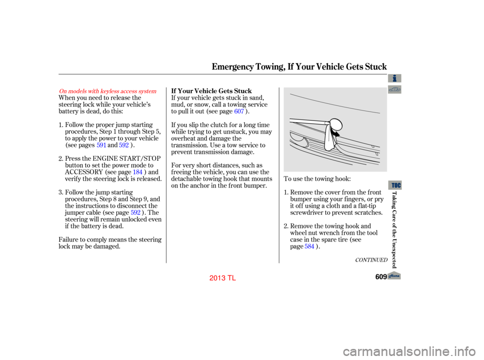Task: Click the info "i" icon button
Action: [x=395, y=78]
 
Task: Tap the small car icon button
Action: [x=395, y=90]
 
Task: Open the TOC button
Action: [x=395, y=185]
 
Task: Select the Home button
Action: [x=394, y=275]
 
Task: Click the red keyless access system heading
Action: [x=108, y=91]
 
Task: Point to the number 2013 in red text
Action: [x=217, y=278]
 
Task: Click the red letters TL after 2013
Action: [x=232, y=278]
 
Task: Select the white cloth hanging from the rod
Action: [x=330, y=139]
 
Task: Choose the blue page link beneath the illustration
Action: [x=310, y=246]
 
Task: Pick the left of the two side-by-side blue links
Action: [x=101, y=145]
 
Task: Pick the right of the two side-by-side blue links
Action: [x=124, y=145]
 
